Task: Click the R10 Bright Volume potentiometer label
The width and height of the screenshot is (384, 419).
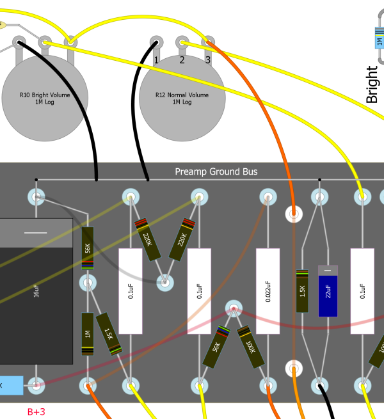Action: (45, 99)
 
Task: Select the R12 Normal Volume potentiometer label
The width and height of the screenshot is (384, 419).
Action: (182, 99)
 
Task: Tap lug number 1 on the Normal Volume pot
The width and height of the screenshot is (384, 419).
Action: (156, 43)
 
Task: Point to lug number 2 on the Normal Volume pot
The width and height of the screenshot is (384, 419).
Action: (182, 43)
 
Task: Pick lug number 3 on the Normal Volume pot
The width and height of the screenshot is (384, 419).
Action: (207, 43)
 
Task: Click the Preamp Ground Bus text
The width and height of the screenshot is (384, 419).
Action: (216, 172)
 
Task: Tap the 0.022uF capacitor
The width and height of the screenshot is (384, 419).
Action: (268, 291)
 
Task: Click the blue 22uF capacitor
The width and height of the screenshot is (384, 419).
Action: (328, 291)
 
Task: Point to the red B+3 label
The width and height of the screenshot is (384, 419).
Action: (36, 411)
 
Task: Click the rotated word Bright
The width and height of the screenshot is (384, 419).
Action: (372, 84)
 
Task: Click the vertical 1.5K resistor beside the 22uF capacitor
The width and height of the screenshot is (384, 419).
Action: (302, 291)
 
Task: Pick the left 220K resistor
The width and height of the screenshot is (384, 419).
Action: (147, 240)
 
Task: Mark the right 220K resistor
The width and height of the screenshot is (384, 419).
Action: (182, 240)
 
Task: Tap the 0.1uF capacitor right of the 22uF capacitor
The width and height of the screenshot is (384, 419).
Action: (362, 291)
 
